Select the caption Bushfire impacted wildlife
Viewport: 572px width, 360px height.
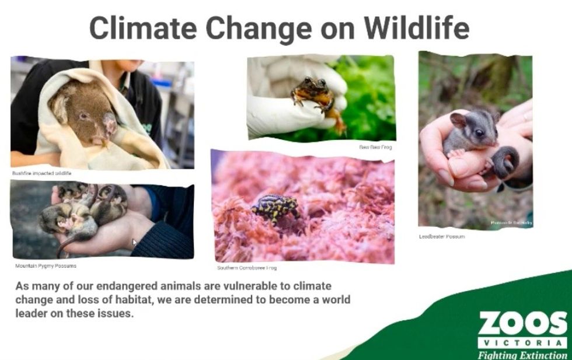(41, 173)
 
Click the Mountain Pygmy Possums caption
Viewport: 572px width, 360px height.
(46, 265)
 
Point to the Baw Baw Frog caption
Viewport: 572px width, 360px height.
(375, 147)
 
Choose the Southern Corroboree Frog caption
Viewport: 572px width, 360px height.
(247, 268)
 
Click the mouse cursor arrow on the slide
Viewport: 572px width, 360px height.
(135, 242)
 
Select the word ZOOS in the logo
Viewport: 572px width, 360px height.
(522, 323)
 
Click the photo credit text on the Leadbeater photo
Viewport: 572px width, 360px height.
(511, 223)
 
